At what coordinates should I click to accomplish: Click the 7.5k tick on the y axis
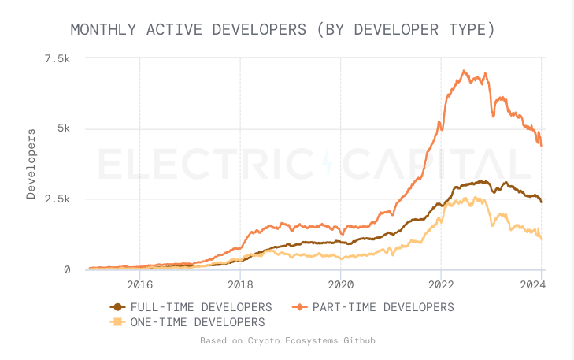tap(57, 59)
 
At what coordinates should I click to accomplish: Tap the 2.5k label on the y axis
tap(57, 199)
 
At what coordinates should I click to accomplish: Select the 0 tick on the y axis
tap(67, 270)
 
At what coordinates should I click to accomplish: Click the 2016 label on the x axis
tap(139, 284)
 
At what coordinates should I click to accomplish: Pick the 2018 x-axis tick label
tap(240, 284)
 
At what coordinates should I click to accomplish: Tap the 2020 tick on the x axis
tap(340, 284)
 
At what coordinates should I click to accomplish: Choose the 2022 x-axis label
tap(441, 284)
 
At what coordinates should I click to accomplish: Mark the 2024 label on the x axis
tap(541, 284)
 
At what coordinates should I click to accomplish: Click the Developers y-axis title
tap(31, 163)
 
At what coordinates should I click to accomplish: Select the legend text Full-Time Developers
tap(202, 307)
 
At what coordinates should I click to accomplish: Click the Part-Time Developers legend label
tap(383, 307)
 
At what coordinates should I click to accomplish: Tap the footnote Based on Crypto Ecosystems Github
tap(287, 341)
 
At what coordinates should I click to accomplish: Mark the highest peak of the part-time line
tap(464, 71)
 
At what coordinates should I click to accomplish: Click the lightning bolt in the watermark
tap(328, 164)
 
